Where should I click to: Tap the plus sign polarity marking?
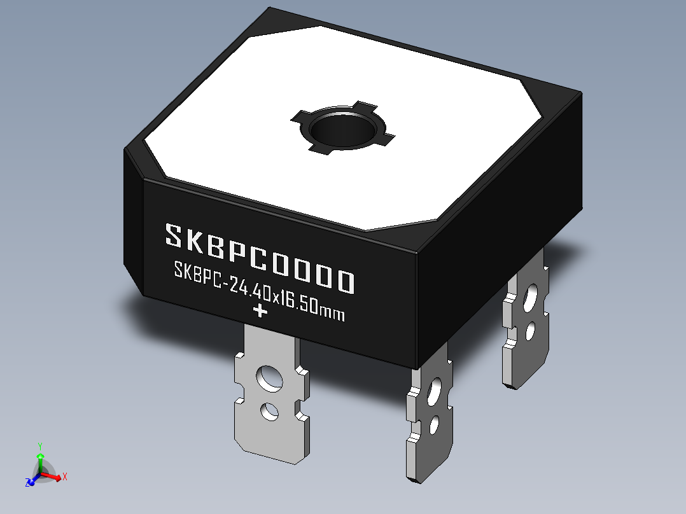pos(260,311)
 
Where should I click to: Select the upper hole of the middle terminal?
pos(436,390)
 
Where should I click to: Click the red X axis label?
pos(65,476)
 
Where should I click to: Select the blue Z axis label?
pos(29,483)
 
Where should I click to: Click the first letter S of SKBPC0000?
pos(174,235)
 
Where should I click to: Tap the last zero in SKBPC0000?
pos(344,281)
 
